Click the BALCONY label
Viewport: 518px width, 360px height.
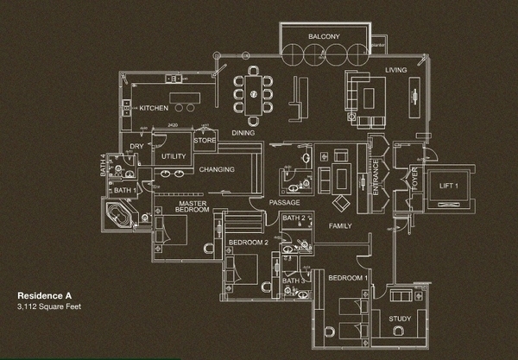click(x=325, y=36)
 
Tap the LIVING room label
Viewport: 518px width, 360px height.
click(x=396, y=70)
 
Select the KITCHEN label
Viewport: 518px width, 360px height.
click(x=154, y=108)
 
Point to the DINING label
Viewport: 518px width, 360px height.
click(x=243, y=132)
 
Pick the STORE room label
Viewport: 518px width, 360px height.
click(x=205, y=139)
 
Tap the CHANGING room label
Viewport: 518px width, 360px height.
click(x=217, y=170)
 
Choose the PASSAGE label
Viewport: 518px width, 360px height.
click(x=283, y=203)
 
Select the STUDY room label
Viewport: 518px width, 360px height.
click(x=400, y=319)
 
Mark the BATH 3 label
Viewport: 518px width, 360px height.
click(x=294, y=281)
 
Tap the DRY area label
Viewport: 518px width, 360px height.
click(x=136, y=147)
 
